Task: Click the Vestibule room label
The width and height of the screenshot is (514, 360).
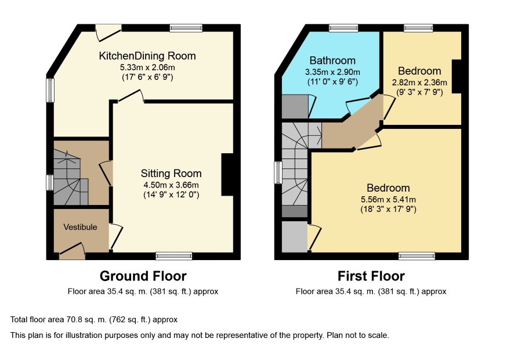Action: pyautogui.click(x=80, y=227)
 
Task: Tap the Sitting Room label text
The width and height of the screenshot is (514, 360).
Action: pyautogui.click(x=171, y=173)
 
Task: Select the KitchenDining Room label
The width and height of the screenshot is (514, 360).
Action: pyautogui.click(x=147, y=56)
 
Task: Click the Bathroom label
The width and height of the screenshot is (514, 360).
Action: pyautogui.click(x=332, y=60)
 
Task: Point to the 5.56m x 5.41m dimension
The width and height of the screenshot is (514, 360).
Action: pyautogui.click(x=388, y=199)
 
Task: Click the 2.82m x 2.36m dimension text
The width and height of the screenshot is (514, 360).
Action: pyautogui.click(x=419, y=82)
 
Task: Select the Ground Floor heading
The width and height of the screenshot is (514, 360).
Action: pyautogui.click(x=143, y=276)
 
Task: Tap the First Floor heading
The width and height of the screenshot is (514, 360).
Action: pyautogui.click(x=371, y=276)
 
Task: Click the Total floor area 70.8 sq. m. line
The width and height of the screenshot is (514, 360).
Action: pyautogui.click(x=94, y=319)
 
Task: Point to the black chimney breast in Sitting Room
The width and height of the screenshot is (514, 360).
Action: pyautogui.click(x=227, y=175)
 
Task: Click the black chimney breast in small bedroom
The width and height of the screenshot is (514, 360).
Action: pyautogui.click(x=457, y=77)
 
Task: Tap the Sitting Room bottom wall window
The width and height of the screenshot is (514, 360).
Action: pyautogui.click(x=174, y=256)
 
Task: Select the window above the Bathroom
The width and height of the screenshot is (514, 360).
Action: pyautogui.click(x=343, y=28)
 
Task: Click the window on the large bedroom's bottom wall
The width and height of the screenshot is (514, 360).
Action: pyautogui.click(x=417, y=256)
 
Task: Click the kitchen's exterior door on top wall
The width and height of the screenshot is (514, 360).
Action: pyautogui.click(x=108, y=33)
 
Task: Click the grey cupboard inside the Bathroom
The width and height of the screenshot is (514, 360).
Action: pyautogui.click(x=295, y=107)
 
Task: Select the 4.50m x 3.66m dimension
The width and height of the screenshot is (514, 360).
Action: pyautogui.click(x=171, y=185)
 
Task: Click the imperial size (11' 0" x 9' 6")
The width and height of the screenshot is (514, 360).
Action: pyautogui.click(x=332, y=81)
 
